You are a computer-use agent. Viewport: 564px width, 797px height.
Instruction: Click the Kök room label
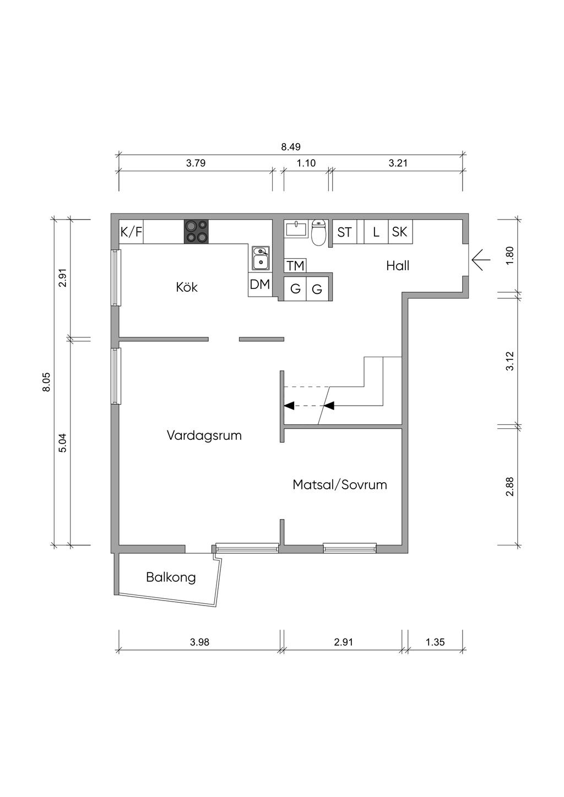tap(187, 287)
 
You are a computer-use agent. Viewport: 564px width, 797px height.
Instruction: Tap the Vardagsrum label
tap(204, 435)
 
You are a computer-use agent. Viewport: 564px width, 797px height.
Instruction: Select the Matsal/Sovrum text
tap(340, 484)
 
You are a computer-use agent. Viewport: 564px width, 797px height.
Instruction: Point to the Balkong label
tap(171, 577)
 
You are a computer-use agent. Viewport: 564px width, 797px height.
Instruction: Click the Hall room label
tap(398, 265)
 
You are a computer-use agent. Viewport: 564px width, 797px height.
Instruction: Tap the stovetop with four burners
tap(196, 232)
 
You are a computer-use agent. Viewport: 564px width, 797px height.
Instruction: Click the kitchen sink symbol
tap(261, 258)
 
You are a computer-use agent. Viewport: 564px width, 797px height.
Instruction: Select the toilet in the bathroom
tap(318, 232)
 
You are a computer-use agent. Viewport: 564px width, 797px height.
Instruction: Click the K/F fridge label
tap(131, 232)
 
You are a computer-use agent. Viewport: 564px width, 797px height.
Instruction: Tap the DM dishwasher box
tap(260, 285)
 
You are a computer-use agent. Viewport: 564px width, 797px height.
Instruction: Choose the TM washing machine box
tap(296, 265)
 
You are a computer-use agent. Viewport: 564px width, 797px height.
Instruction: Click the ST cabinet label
tap(344, 232)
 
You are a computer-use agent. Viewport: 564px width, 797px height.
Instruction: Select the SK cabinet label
tap(399, 232)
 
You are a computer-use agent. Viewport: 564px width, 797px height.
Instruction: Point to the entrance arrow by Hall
tap(481, 260)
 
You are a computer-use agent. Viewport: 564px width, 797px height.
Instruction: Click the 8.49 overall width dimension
tap(291, 146)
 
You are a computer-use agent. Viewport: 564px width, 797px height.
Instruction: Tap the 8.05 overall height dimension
tap(47, 382)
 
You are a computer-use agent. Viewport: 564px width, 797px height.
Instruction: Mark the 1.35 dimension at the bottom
tap(435, 642)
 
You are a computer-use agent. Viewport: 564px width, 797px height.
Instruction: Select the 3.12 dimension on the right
tap(510, 361)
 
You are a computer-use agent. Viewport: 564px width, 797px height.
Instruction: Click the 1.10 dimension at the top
tap(306, 163)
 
